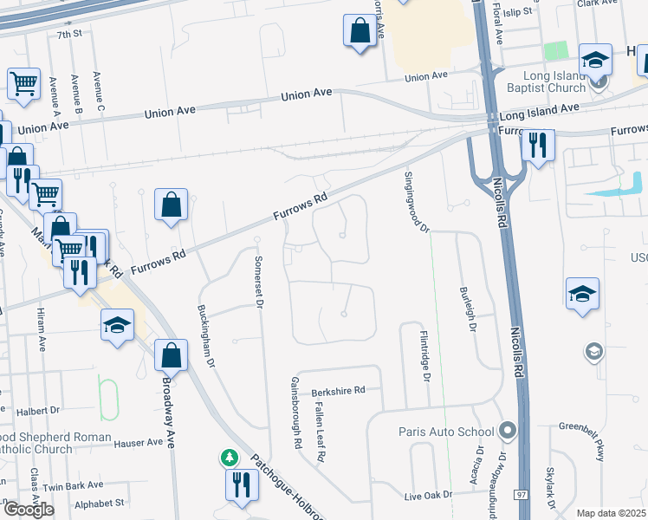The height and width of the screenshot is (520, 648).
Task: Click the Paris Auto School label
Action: [445, 432]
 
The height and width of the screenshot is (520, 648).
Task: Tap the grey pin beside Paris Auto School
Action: [508, 431]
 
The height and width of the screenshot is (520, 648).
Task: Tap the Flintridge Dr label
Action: [425, 354]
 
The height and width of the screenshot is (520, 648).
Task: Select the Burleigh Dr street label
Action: [473, 310]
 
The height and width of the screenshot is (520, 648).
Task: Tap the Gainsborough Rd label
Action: [295, 412]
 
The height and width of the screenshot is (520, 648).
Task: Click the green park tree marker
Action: [229, 457]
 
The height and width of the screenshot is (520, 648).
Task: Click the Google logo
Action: [29, 510]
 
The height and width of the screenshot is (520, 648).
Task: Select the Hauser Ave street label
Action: [139, 442]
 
